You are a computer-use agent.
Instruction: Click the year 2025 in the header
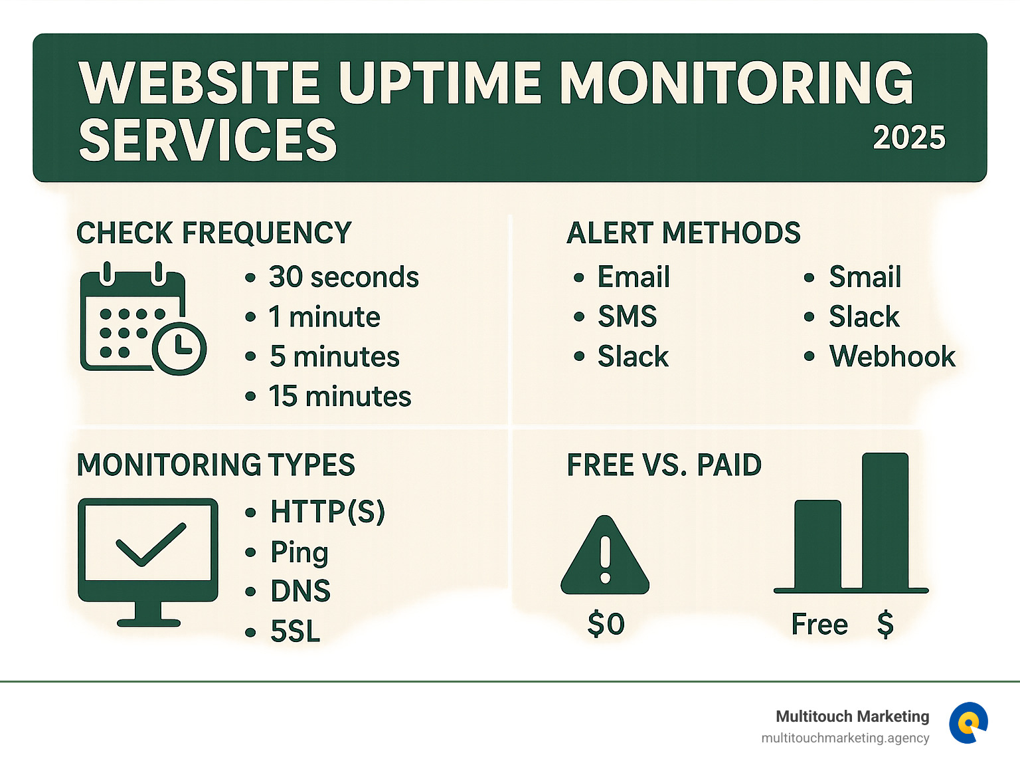908,138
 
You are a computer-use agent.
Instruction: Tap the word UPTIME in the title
440,83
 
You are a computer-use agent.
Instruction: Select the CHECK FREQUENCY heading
214,233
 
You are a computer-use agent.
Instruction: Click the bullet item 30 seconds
343,277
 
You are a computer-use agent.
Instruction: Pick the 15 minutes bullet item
339,397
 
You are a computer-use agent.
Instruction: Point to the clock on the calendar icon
179,348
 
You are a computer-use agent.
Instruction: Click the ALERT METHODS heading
683,233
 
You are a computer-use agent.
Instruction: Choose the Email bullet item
633,277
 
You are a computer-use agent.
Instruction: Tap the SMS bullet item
626,317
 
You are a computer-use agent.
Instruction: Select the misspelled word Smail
865,277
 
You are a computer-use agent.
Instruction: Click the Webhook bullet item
892,357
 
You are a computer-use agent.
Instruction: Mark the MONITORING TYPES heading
216,465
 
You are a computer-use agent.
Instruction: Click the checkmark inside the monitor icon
150,544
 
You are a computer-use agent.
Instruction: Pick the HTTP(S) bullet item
327,512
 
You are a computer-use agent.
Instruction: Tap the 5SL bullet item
295,631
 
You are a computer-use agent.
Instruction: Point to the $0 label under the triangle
606,624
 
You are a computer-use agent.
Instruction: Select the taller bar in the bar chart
885,522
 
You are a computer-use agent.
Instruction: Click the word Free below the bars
819,625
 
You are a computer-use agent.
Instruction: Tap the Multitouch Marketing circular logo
968,722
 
